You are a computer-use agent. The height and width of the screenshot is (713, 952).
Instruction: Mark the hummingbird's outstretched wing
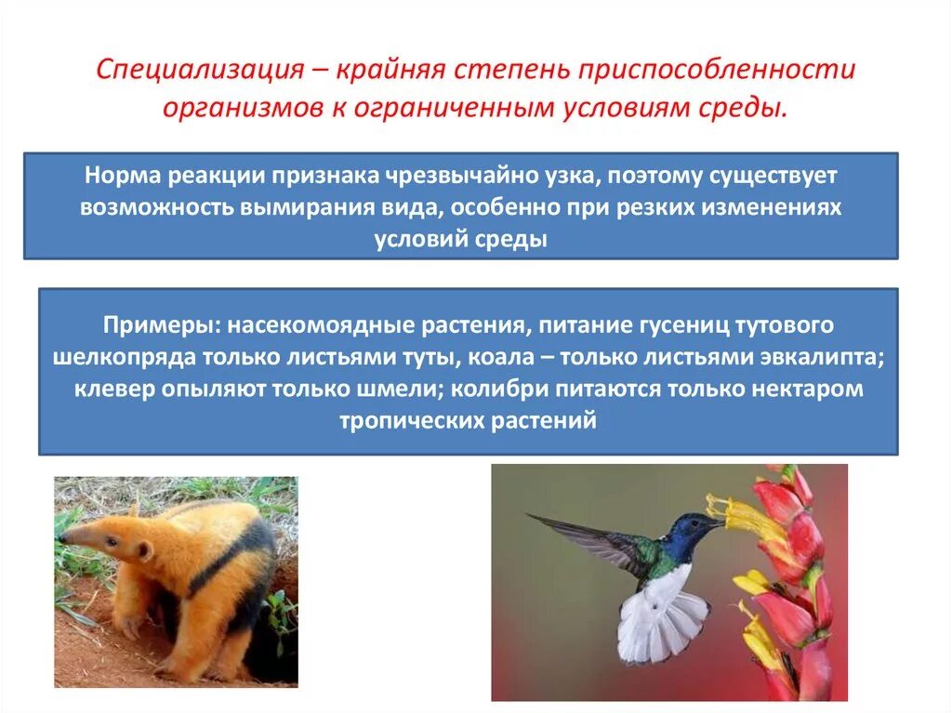click(x=586, y=539)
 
